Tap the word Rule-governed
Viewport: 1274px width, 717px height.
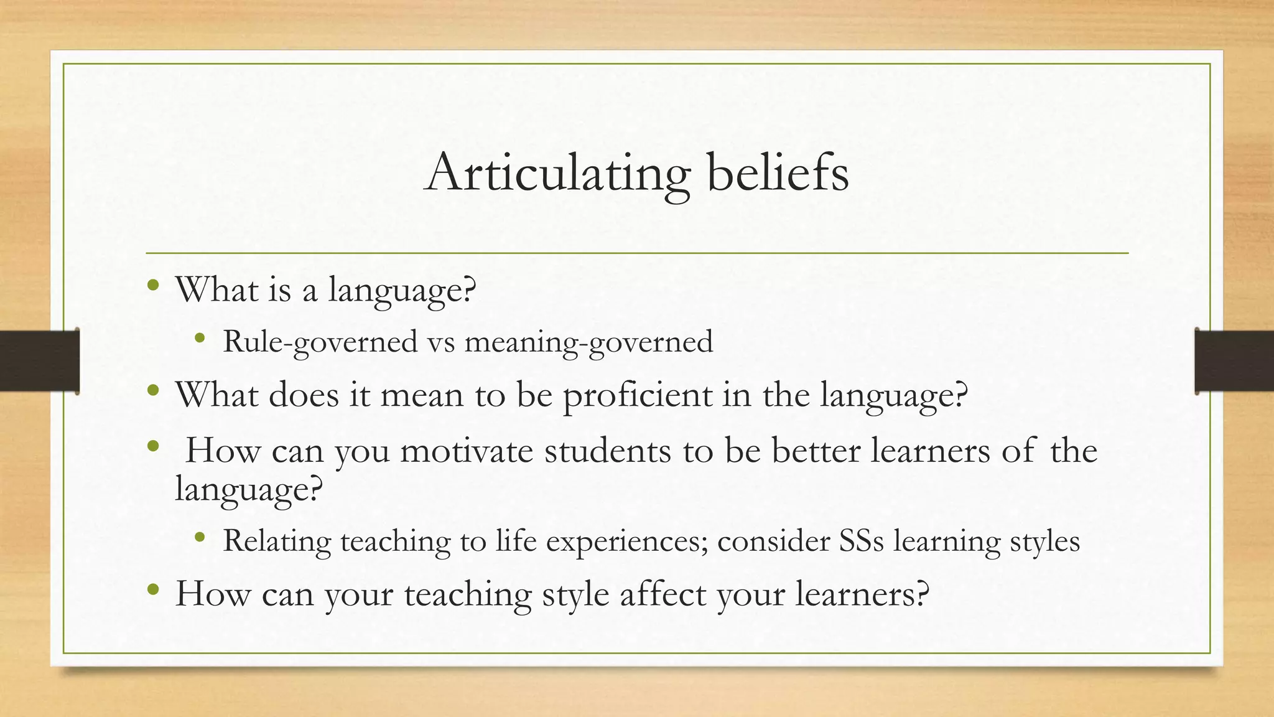coord(320,342)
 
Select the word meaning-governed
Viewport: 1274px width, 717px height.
coord(588,342)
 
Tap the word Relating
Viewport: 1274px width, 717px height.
coord(277,540)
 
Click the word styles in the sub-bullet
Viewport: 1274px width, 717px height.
coord(1044,540)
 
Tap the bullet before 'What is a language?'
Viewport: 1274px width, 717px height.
coord(153,286)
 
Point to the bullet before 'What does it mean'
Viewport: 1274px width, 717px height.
coord(153,391)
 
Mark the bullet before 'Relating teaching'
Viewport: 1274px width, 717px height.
coord(200,537)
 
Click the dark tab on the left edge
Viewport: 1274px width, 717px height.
coord(39,361)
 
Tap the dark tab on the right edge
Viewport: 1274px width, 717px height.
coord(1234,361)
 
